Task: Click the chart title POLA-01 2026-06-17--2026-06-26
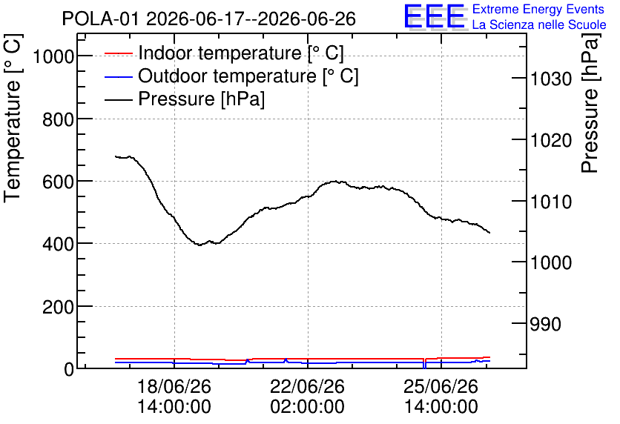coord(209,19)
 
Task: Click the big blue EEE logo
coord(435,16)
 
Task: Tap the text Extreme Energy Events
coord(538,9)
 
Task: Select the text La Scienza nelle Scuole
coord(539,24)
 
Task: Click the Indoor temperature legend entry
coord(224,53)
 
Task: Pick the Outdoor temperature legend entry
coord(231,76)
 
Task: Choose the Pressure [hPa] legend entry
coord(185,99)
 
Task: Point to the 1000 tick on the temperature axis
coord(53,56)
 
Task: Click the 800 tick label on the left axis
coord(58,119)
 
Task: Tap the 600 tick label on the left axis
coord(58,182)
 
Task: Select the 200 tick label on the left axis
coord(58,307)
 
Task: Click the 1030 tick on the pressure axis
coord(551,79)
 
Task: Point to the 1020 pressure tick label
coord(551,140)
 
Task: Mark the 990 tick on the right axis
coord(546,324)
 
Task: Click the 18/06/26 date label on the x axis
coord(174,386)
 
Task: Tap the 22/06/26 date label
coord(307,386)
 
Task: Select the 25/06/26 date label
coord(441,386)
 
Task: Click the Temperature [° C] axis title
coord(13,119)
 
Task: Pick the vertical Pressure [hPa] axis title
coord(591,103)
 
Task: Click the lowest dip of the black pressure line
coord(199,245)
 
